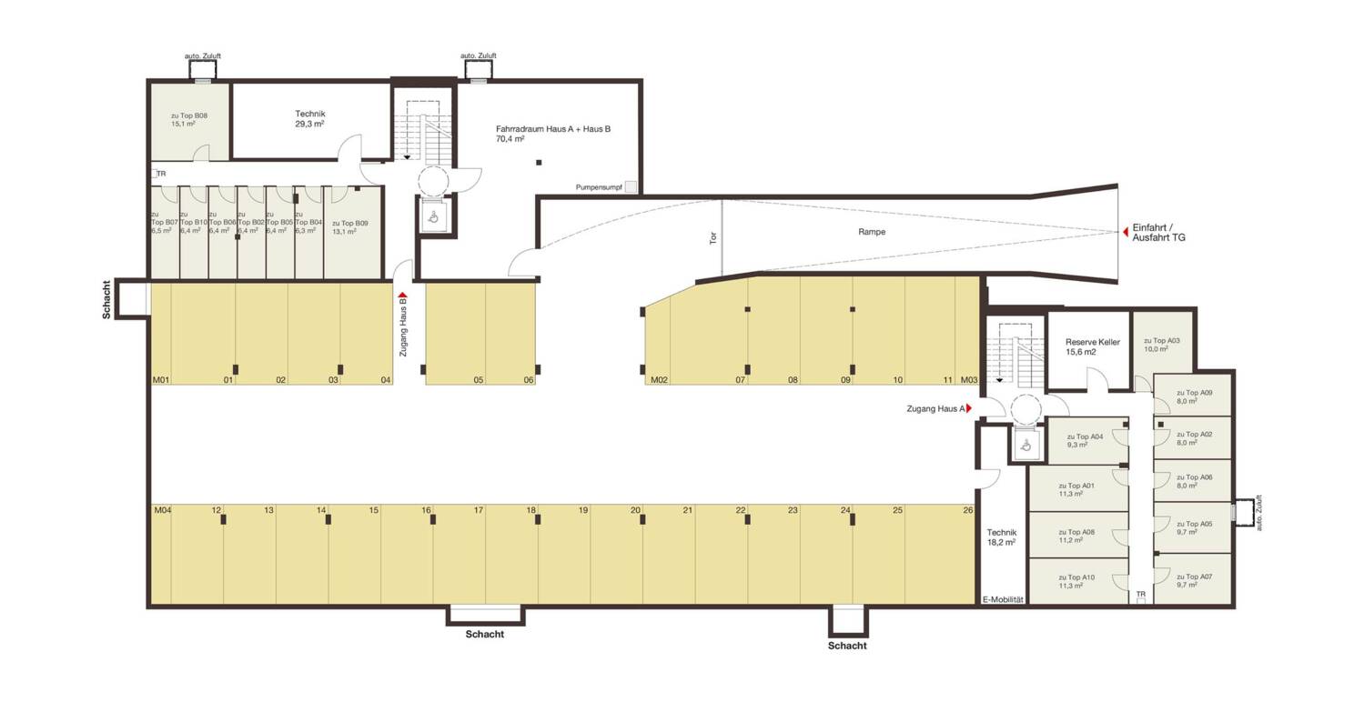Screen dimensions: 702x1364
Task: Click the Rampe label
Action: (871, 232)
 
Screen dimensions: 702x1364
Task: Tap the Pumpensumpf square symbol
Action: (631, 187)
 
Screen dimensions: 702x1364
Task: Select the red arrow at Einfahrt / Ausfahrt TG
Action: (1125, 233)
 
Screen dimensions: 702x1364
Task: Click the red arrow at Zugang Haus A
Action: (970, 409)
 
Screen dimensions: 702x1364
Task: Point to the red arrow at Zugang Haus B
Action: (402, 296)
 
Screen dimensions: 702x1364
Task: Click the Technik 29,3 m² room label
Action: (309, 119)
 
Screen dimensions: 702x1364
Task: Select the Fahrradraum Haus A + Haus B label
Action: (552, 134)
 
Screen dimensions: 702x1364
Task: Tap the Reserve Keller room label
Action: (1093, 346)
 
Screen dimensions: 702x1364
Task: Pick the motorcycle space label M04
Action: (162, 511)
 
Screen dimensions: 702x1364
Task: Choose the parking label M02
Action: (659, 380)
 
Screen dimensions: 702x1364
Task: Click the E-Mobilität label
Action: (1004, 600)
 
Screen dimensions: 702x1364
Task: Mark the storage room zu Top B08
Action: (189, 120)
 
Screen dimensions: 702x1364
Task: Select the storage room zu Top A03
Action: (1161, 344)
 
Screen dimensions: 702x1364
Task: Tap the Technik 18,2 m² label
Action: (1001, 537)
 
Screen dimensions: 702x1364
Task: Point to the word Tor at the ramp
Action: (713, 238)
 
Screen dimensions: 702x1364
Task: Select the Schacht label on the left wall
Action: (107, 299)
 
